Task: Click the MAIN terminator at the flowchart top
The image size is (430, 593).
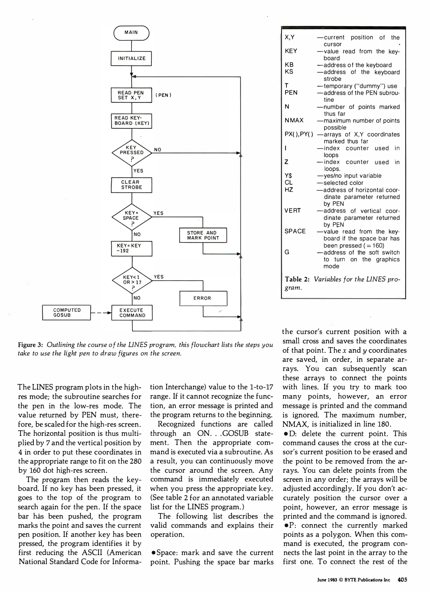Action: (131, 33)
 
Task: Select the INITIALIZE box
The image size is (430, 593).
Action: (131, 58)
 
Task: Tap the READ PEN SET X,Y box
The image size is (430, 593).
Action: (131, 95)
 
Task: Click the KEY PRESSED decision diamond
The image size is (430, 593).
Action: (132, 153)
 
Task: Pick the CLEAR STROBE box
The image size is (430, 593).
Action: (131, 185)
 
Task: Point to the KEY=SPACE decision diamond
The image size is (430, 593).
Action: (132, 217)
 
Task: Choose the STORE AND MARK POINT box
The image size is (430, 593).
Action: (203, 235)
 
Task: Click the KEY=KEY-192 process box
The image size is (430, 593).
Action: (132, 248)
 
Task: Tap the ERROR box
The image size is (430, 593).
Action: (203, 298)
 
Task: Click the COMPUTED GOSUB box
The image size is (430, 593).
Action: (66, 312)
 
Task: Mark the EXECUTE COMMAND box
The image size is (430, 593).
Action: (132, 313)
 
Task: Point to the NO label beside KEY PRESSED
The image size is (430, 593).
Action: (158, 150)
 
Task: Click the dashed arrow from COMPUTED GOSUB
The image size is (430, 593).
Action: (101, 313)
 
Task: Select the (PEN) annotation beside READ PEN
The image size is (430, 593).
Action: (163, 95)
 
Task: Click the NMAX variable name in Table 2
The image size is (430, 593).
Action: (294, 121)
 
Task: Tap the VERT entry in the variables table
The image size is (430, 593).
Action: (293, 211)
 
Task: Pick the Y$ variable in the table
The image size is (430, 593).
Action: (288, 176)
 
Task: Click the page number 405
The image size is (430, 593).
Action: (402, 580)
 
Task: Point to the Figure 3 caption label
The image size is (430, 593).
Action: (30, 345)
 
